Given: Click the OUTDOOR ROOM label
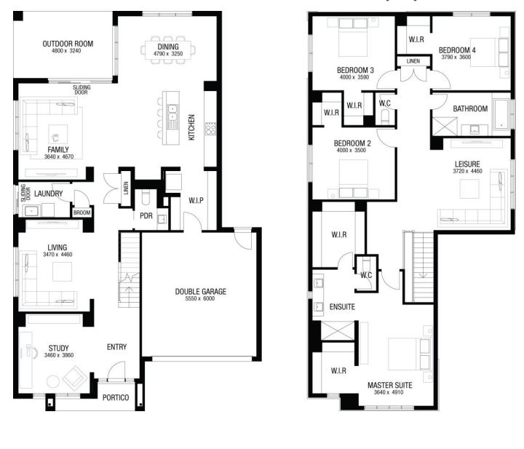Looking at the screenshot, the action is tap(68, 44).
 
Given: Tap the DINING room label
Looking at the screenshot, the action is tap(168, 47).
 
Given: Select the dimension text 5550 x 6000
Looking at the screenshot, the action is tap(200, 298).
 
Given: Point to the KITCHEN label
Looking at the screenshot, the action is tap(191, 127).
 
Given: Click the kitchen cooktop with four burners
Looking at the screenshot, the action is tap(210, 129).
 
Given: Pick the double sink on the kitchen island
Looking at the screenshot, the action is tap(172, 113).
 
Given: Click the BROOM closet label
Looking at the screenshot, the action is tap(82, 212).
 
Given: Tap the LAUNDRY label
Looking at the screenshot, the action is tap(49, 194).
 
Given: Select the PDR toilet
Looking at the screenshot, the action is tap(146, 197).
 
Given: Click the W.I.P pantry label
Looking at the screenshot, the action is tap(196, 200).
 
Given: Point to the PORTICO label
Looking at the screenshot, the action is tap(116, 397).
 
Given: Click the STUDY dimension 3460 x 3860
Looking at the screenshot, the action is tap(59, 355).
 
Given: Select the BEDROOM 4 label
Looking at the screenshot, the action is tap(457, 50).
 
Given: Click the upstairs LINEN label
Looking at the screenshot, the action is tap(413, 61).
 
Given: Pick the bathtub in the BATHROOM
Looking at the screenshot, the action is tap(501, 114).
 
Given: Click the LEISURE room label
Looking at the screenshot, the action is tap(467, 164).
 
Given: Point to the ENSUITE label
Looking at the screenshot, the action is tap(342, 306).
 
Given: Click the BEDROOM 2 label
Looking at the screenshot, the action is tap(352, 143).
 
